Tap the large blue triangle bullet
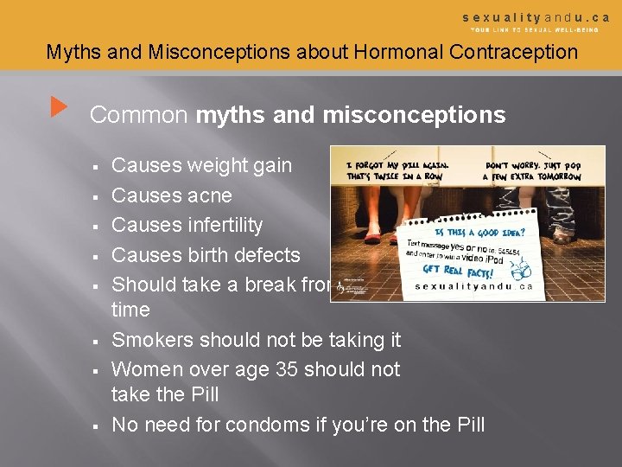(58, 108)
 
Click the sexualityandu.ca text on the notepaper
(473, 286)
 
